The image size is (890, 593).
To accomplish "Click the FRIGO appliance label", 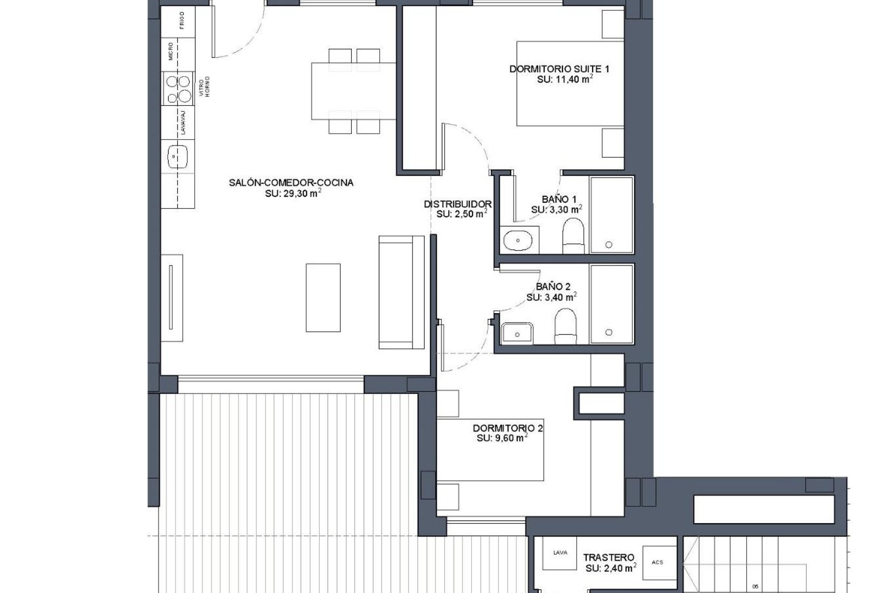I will point(182,21).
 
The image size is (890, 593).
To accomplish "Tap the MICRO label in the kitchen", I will point(172,51).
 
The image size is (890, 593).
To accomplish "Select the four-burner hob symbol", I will point(179,89).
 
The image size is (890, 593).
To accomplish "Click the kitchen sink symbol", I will point(178,157).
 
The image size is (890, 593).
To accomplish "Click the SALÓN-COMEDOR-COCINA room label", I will point(291,183).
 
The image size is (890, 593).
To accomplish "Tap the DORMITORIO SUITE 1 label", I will point(559,69).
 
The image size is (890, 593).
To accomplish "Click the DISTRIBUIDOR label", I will point(458,204).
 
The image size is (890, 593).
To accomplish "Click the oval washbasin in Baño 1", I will point(518,240).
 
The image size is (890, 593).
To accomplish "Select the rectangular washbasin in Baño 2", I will point(517,333).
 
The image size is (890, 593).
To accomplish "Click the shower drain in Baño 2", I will point(609,332).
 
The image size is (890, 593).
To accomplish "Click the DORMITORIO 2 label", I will point(508,428).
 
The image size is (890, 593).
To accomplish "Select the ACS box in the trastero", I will point(657,562).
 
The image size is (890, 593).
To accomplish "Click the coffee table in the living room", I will point(323,297).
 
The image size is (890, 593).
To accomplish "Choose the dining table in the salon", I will point(353,91).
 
